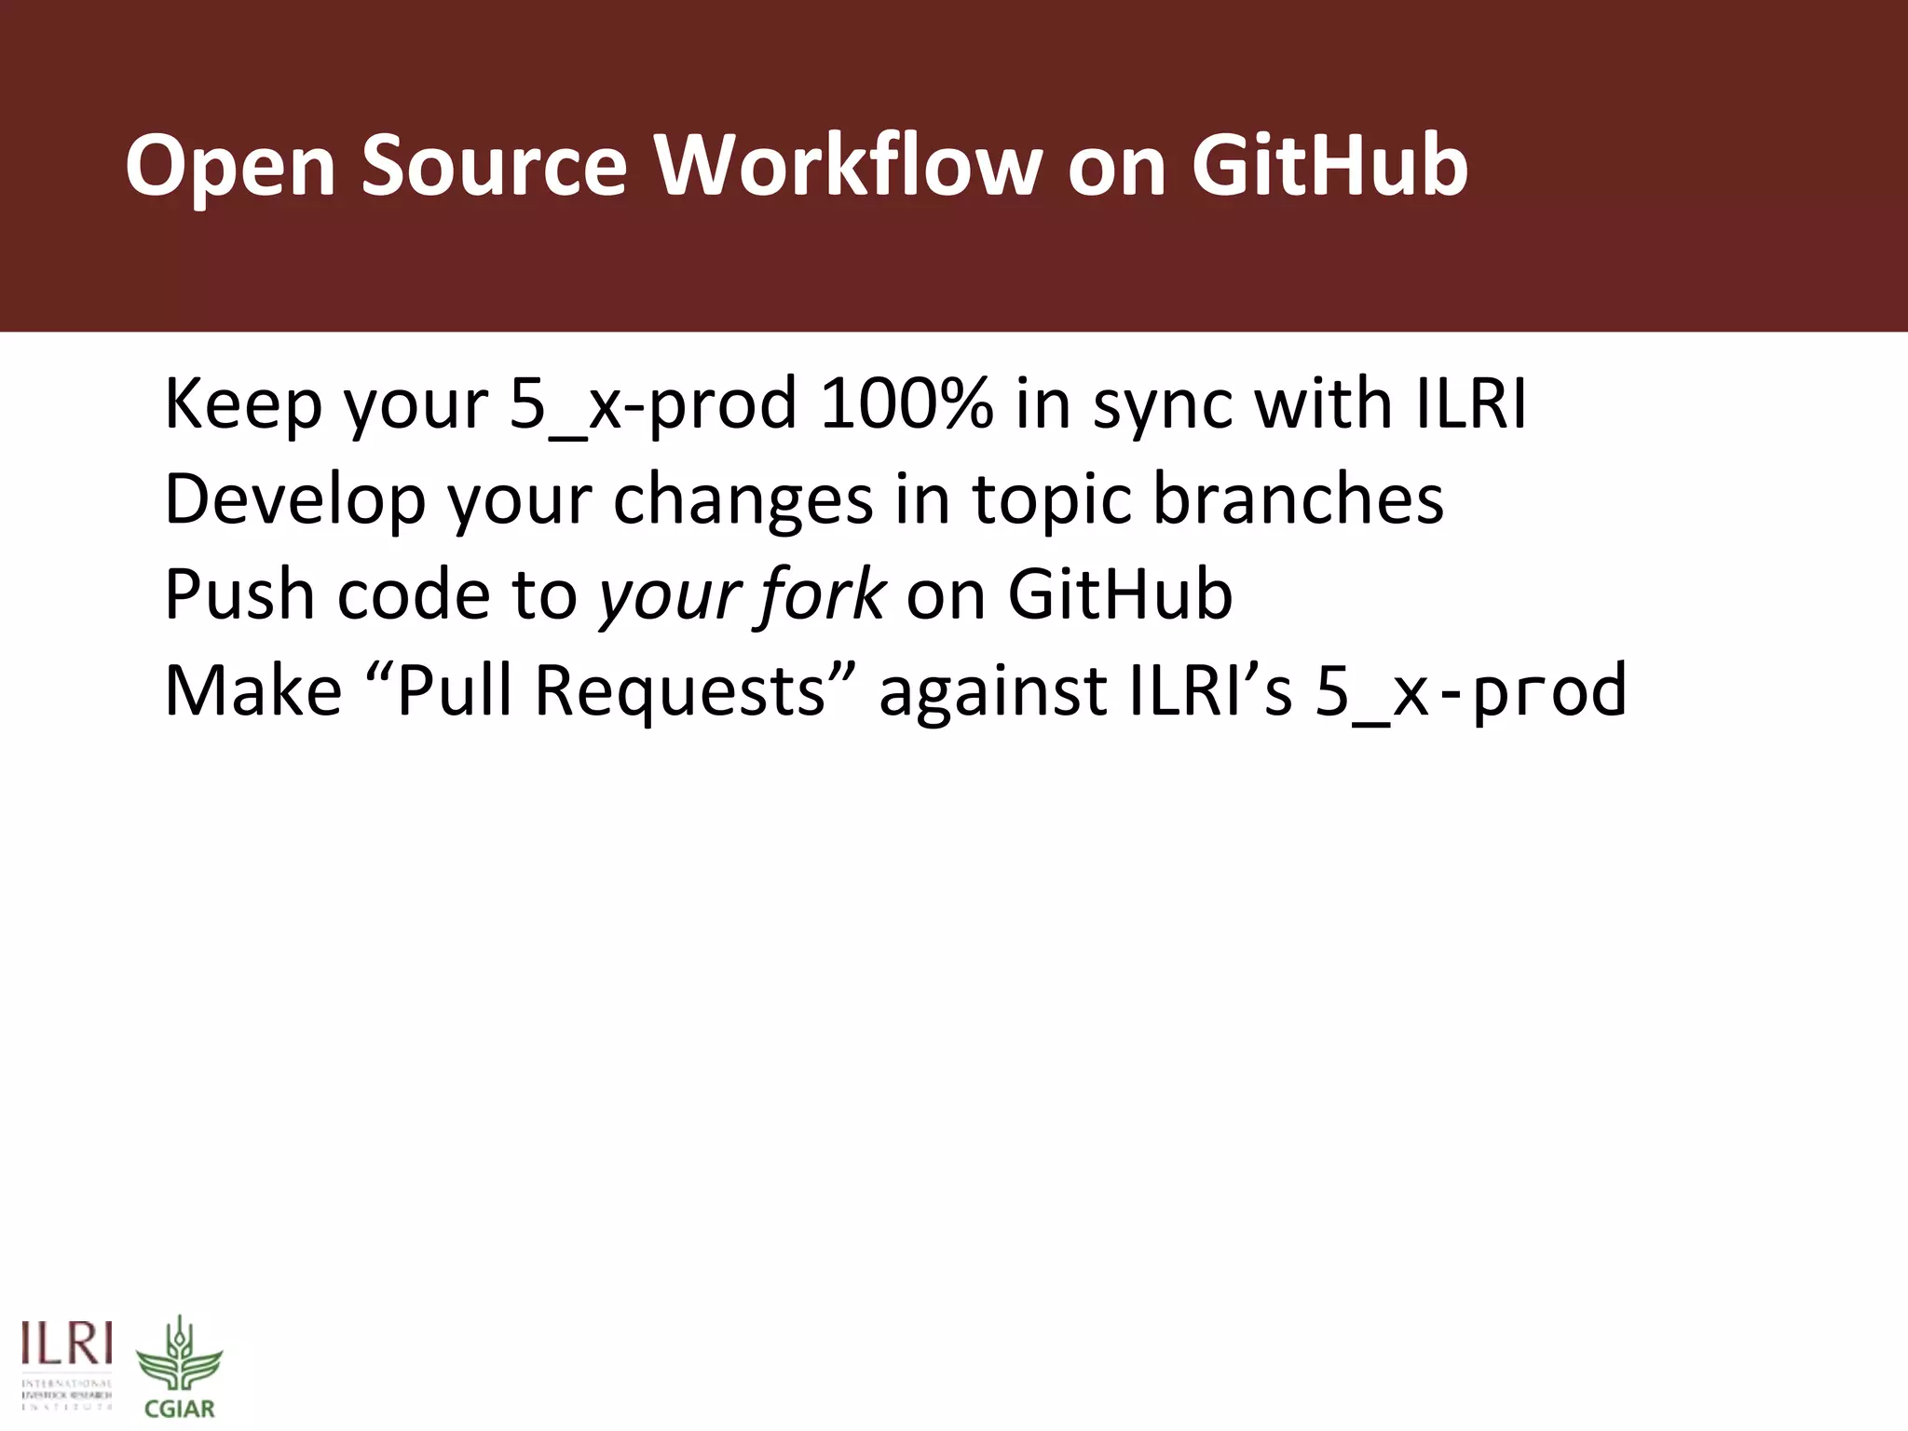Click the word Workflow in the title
tap(848, 166)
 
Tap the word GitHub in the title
tap(1329, 166)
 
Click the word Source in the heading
tap(494, 166)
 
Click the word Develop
tap(294, 501)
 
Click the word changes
tap(743, 501)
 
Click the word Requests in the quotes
tap(680, 691)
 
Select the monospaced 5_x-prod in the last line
tap(1470, 691)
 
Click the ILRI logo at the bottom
tap(67, 1365)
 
